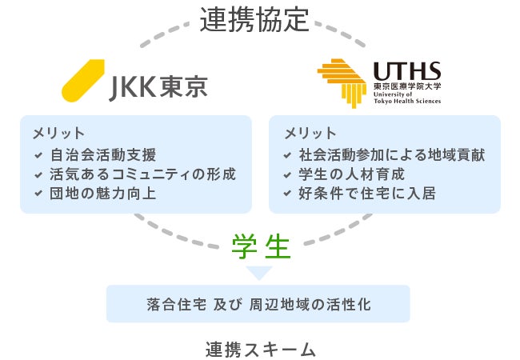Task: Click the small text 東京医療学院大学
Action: [406, 86]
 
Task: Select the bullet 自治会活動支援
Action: [102, 154]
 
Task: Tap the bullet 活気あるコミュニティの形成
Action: [142, 174]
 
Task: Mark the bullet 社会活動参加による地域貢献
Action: [391, 154]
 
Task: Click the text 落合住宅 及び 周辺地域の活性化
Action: [258, 305]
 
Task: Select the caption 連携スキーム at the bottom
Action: [260, 349]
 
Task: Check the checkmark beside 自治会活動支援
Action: [38, 155]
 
